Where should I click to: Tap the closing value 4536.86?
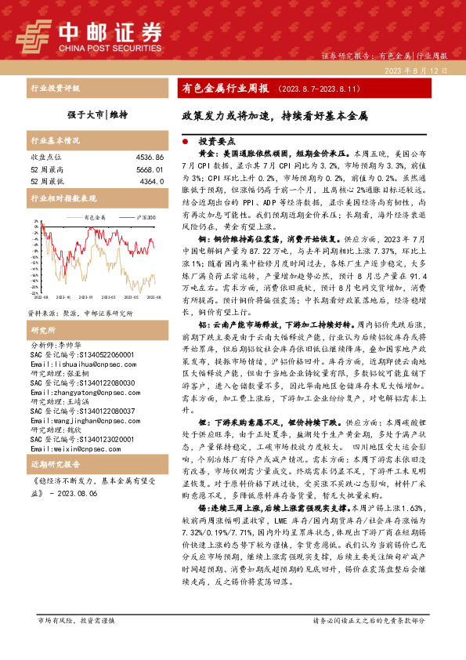[x=148, y=158]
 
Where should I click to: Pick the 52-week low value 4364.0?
[x=151, y=181]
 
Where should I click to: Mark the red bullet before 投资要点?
[x=185, y=141]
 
